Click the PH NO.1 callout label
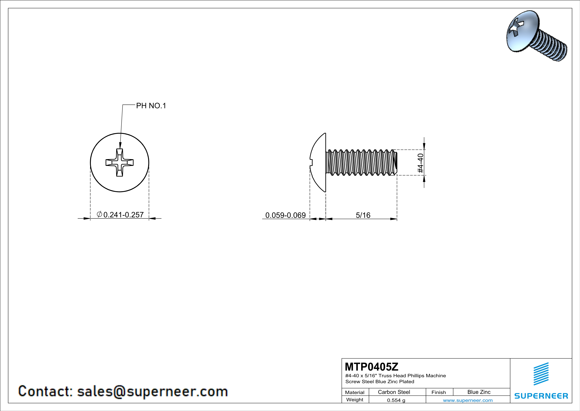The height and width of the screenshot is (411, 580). click(151, 106)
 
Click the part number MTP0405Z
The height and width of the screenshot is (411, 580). click(371, 366)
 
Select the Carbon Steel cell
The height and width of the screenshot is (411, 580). click(394, 392)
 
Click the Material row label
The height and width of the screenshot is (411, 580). click(355, 392)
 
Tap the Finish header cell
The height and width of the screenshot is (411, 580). click(439, 392)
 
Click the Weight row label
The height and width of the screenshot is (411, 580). click(355, 400)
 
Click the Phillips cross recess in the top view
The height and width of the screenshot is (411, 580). click(119, 162)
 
